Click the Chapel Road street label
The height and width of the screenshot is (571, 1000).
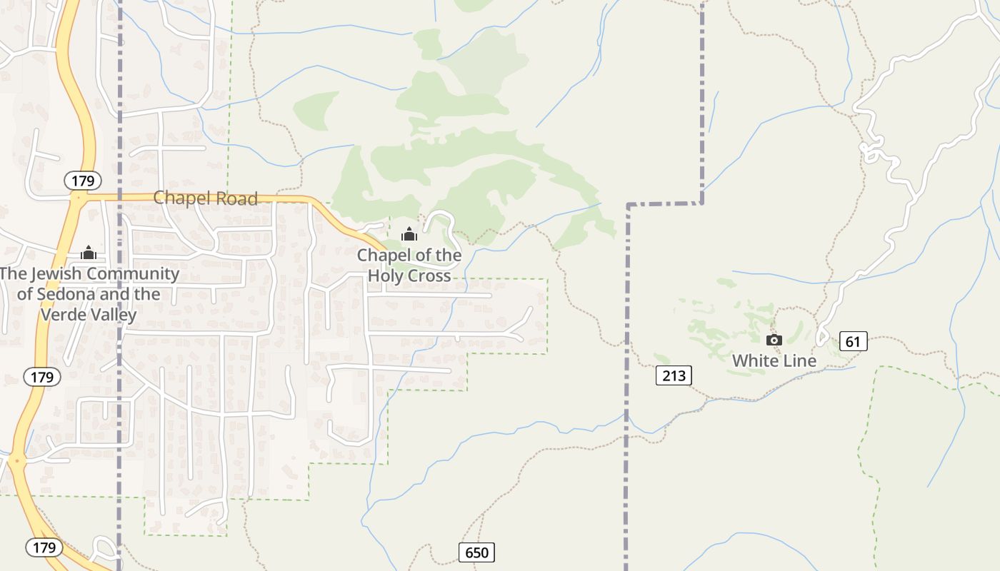point(206,198)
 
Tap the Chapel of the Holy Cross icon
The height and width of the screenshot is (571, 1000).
point(409,234)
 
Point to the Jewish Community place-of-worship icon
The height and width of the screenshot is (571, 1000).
point(89,253)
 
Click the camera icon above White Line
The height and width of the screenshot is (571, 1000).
point(774,340)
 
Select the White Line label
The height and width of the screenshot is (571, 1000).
point(774,361)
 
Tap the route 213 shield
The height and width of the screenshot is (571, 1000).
point(674,375)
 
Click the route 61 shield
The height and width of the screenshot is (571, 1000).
point(853,342)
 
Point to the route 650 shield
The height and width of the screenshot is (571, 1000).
point(476,552)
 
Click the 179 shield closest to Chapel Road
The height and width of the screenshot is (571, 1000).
point(83,181)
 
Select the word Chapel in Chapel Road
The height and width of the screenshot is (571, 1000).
point(181,198)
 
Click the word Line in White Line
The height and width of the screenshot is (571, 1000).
point(799,361)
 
